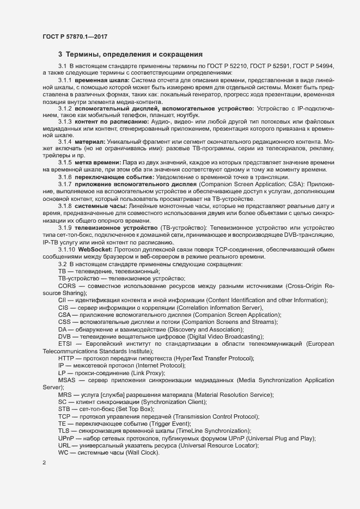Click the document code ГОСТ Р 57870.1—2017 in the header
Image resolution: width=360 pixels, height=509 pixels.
[75, 37]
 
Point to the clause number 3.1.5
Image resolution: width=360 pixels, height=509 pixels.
[65, 163]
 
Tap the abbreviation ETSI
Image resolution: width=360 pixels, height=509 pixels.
[65, 344]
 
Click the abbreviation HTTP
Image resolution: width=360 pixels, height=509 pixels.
[67, 358]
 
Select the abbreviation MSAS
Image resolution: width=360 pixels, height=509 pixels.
[68, 380]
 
